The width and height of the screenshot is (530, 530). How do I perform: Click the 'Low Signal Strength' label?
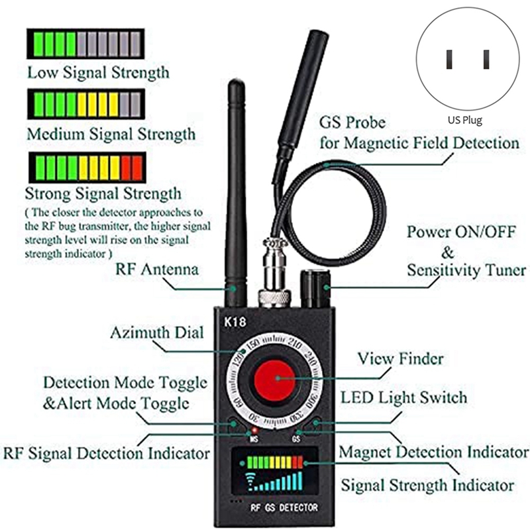pyautogui.click(x=97, y=72)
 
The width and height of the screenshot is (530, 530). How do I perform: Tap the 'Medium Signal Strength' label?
pyautogui.click(x=111, y=134)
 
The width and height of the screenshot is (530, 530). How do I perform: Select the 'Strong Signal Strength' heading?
pyautogui.click(x=103, y=194)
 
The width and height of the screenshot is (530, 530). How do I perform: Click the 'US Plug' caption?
pyautogui.click(x=464, y=121)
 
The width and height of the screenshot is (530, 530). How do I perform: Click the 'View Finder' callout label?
pyautogui.click(x=400, y=358)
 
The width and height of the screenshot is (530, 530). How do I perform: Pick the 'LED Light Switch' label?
pyautogui.click(x=403, y=397)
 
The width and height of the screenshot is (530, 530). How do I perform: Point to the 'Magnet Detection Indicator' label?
pyautogui.click(x=433, y=452)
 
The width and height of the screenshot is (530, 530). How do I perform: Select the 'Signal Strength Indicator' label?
pyautogui.click(x=427, y=484)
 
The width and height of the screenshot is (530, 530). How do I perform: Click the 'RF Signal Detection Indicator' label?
pyautogui.click(x=107, y=454)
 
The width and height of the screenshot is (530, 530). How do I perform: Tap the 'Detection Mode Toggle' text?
pyautogui.click(x=125, y=383)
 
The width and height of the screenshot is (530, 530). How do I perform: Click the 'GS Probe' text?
pyautogui.click(x=352, y=123)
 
